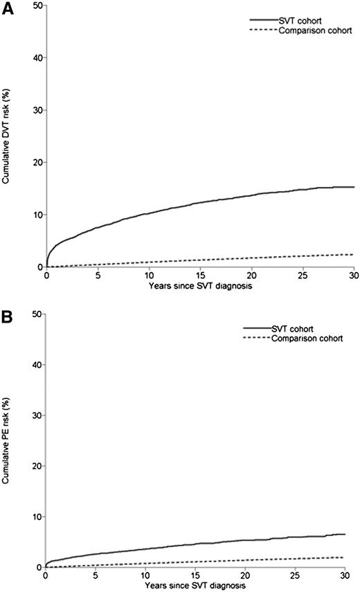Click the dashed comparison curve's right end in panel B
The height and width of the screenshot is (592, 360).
coord(344,557)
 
